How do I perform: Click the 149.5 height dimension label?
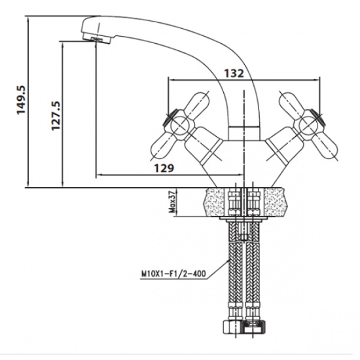point(21,100)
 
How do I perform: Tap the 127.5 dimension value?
point(56,116)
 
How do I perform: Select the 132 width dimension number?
point(234,73)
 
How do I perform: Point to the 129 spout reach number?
point(164,168)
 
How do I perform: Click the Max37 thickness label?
point(172,202)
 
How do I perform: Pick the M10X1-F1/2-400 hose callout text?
point(173,274)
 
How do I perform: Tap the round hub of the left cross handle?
point(180,126)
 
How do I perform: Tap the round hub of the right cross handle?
point(309,126)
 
